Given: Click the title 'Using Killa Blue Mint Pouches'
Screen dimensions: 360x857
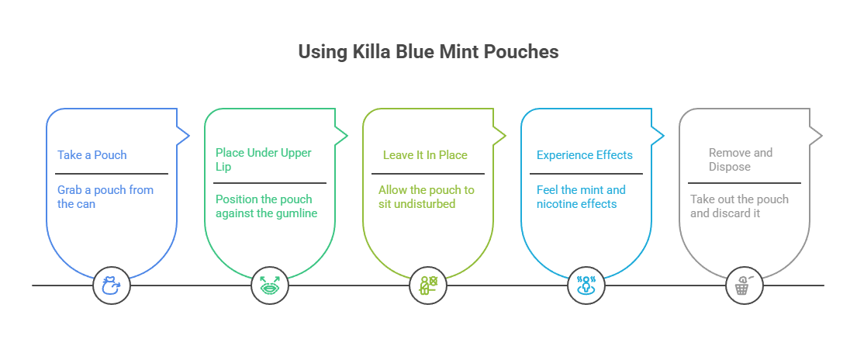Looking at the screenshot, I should point(428,53).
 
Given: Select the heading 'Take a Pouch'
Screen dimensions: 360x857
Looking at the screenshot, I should point(92,155).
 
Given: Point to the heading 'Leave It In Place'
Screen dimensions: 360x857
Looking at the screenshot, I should point(425,155).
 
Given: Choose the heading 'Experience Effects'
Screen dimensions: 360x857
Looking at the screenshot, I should point(584,155).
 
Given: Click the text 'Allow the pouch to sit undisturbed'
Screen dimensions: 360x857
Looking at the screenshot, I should point(427,197).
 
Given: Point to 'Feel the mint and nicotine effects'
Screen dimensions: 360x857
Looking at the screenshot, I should point(581,197).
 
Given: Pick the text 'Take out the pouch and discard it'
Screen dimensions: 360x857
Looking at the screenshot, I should point(739,206).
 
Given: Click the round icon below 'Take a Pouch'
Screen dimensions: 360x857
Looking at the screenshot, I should point(112,286).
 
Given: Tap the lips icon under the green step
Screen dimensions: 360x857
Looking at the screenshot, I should point(270,286).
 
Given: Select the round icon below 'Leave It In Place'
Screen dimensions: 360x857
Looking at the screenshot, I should point(428,286).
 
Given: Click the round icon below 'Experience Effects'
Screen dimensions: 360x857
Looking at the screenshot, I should point(586,286).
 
